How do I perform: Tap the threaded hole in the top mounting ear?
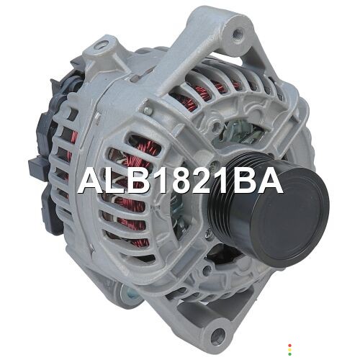[x=238, y=32]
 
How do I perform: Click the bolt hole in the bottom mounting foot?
[x=218, y=334]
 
